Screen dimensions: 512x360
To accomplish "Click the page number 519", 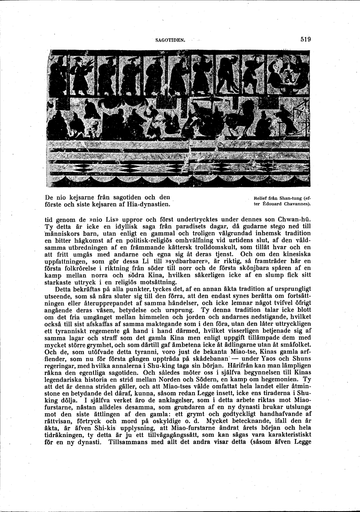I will click(x=305, y=39).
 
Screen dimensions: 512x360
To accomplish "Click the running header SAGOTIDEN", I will click(x=171, y=40).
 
